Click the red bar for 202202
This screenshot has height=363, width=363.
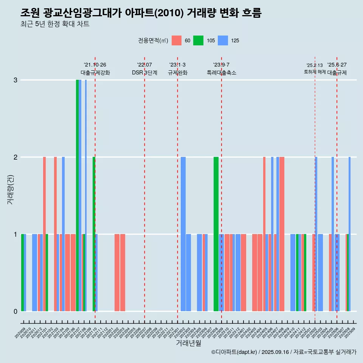coord(117,272)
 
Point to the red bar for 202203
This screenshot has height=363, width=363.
coord(123,272)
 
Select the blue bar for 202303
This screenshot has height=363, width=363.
coord(188,272)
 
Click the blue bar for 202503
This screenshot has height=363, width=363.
coord(321,272)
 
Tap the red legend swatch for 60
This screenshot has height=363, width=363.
coord(177,40)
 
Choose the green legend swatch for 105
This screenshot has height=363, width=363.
coord(198,40)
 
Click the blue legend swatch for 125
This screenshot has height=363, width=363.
coord(223,40)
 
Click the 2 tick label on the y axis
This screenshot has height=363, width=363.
coord(16,157)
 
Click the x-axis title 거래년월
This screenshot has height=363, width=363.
coord(188,343)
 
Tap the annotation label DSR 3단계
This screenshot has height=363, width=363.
coord(144,73)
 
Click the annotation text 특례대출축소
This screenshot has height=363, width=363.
coord(221,73)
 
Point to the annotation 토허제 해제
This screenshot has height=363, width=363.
coord(315,71)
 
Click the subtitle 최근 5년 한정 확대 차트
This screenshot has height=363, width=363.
coord(55,24)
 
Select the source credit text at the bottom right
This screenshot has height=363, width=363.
coord(284,352)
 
